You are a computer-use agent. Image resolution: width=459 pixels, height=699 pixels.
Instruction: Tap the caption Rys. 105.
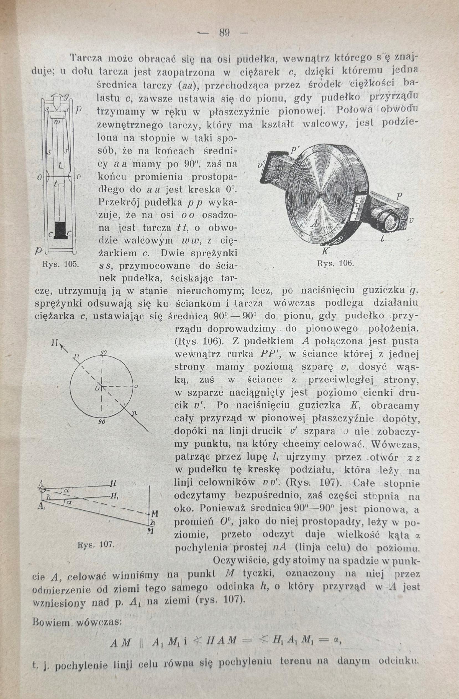[x=61, y=264]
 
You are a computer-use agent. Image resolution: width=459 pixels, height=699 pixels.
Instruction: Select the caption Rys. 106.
[x=335, y=263]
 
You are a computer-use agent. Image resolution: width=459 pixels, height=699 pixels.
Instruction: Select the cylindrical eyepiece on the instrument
[x=389, y=219]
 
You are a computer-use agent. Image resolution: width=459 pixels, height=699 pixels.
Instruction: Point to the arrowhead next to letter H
[x=62, y=347]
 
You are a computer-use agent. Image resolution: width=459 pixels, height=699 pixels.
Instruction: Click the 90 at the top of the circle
[x=104, y=353]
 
